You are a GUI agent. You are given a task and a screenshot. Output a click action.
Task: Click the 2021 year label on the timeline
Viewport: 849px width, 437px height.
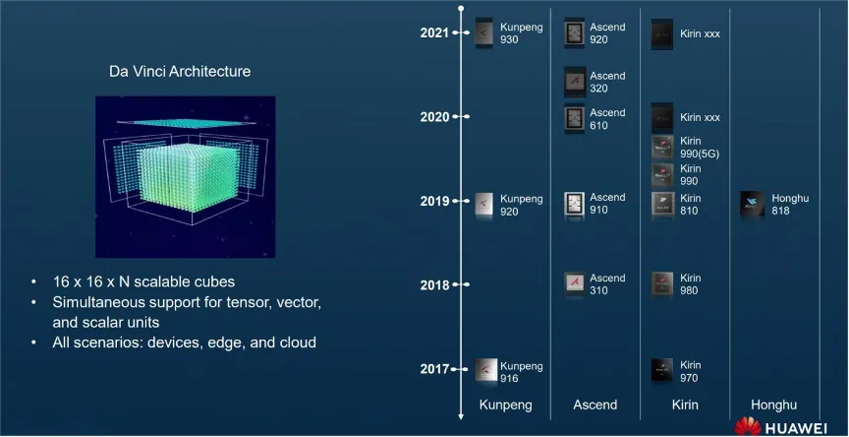434,33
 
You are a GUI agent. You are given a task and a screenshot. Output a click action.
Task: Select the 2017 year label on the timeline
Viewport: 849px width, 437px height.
434,369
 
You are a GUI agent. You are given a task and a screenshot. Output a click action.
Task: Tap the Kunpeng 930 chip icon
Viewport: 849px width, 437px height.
484,33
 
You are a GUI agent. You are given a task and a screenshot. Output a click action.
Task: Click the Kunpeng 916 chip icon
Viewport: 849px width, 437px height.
486,371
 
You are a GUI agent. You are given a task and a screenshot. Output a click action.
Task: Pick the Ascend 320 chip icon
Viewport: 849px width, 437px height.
575,82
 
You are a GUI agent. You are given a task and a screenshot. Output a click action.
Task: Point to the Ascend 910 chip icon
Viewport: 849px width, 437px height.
574,205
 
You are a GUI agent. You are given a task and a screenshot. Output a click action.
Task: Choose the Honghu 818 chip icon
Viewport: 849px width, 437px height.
752,205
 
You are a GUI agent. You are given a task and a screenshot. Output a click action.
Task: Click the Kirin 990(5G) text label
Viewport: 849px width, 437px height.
700,148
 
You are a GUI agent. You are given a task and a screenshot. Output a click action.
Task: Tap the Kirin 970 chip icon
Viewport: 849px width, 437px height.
662,371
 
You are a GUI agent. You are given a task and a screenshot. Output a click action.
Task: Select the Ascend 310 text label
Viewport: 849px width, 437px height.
607,284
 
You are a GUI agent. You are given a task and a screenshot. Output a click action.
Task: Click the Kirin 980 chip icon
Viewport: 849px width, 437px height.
662,284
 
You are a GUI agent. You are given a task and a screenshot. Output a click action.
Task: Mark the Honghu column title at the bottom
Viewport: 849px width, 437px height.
773,405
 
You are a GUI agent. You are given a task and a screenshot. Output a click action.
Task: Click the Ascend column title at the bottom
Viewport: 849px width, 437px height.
595,405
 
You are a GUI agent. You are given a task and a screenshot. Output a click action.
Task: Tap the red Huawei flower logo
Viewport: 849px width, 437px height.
748,427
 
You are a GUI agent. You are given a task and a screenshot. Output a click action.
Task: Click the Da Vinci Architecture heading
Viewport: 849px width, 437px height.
180,72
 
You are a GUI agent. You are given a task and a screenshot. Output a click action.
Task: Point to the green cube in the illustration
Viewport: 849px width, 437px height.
188,177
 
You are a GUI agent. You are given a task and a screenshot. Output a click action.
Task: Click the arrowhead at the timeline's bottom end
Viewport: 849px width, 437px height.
461,416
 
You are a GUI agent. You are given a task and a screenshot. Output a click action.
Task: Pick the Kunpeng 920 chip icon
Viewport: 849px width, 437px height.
484,205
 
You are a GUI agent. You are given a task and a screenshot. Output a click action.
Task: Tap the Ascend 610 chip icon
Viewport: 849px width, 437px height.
574,119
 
